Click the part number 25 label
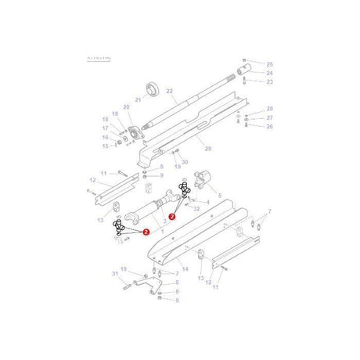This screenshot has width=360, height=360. point(270,63)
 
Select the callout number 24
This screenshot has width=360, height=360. point(270,72)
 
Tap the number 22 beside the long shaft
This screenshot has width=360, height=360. point(168,91)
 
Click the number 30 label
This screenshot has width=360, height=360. point(185,162)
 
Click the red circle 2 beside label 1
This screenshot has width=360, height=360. point(145,232)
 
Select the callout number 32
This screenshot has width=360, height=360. point(196,210)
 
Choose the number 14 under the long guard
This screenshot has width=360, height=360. point(185,269)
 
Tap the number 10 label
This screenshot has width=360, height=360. point(122,268)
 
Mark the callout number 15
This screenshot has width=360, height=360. point(106,146)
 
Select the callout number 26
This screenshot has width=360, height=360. point(270,126)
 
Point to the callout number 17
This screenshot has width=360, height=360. point(106,128)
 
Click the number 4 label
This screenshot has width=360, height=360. point(207,202)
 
